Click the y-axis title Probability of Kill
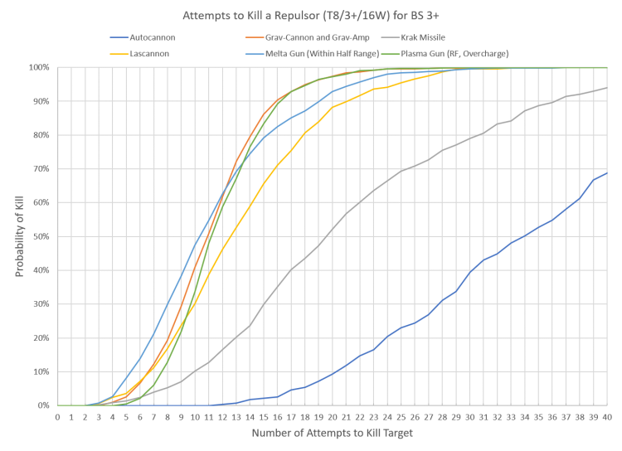17,236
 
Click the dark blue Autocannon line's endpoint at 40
607,173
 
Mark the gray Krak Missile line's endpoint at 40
607,88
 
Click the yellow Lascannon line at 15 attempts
264,182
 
